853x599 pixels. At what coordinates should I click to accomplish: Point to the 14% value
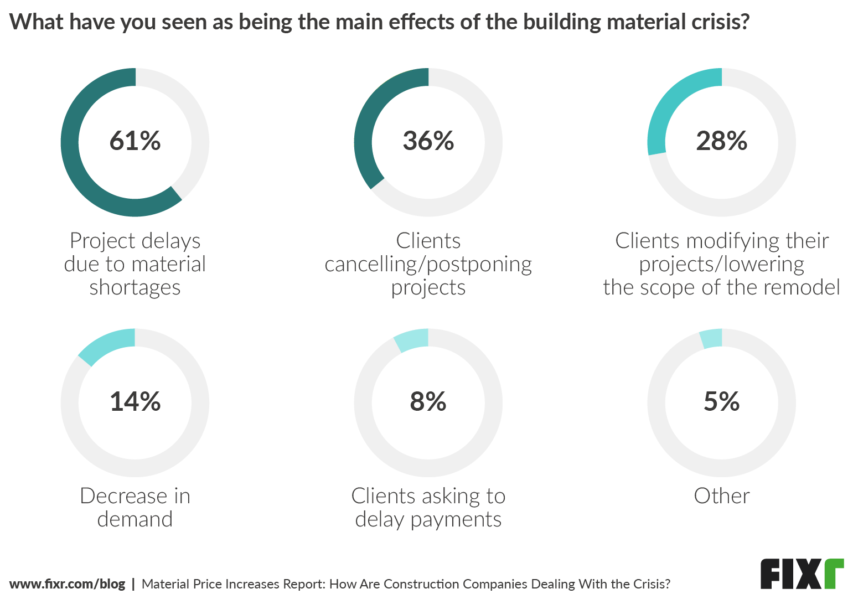coord(135,401)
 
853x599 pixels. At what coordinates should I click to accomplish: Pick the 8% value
coord(428,401)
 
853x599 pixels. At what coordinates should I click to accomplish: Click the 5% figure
coord(722,401)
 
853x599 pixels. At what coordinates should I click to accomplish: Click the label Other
coord(722,496)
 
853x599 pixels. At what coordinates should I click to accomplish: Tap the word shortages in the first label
coord(135,288)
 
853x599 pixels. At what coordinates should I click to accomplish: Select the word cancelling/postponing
coord(428,265)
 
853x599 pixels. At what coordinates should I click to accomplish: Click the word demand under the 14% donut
coord(135,519)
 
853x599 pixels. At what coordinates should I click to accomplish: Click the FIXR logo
coord(802,574)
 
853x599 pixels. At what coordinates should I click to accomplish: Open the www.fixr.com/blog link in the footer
coord(68,584)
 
